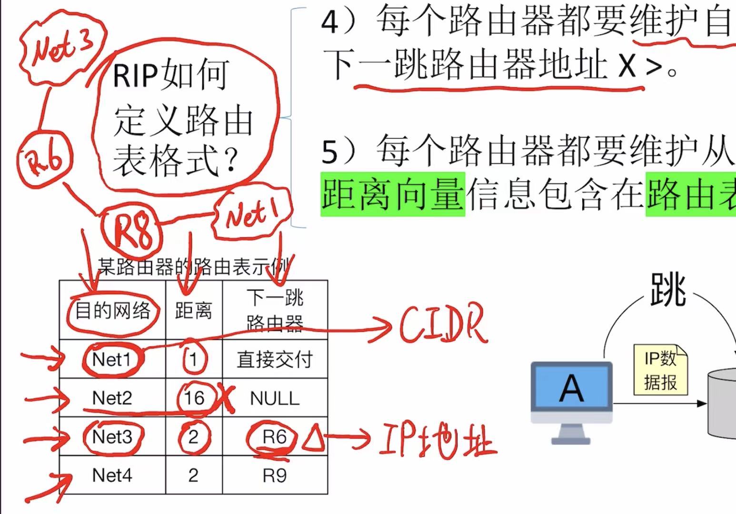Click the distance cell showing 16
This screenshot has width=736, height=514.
(194, 398)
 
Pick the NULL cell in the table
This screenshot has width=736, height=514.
(275, 398)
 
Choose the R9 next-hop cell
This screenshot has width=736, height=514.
(275, 475)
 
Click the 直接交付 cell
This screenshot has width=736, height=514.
(275, 359)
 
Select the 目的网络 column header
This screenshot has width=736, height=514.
(112, 311)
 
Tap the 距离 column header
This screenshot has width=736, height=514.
(193, 311)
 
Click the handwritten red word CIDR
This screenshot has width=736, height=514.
(443, 325)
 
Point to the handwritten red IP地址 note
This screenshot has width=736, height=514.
(436, 440)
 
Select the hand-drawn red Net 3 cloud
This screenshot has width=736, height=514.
(62, 48)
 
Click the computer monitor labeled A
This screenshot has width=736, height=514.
(571, 388)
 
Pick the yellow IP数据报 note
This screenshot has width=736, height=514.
(660, 370)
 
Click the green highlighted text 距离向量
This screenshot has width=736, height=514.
(392, 194)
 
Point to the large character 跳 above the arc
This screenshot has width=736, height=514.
(667, 290)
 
